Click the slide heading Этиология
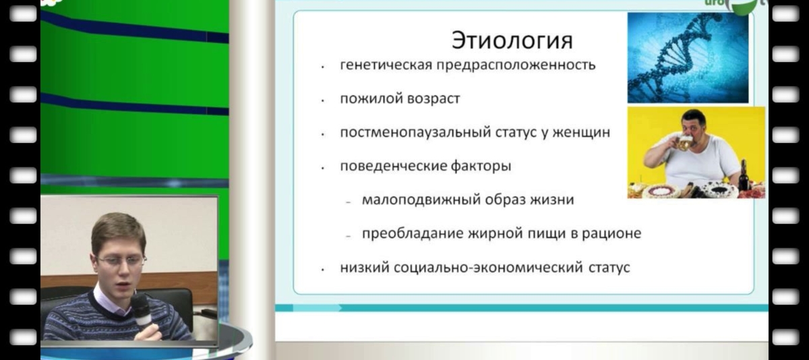click(x=512, y=40)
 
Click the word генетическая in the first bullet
click(x=378, y=65)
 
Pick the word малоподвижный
click(x=413, y=200)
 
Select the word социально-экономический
click(x=476, y=268)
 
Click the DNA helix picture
click(x=688, y=57)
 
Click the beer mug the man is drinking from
click(x=684, y=142)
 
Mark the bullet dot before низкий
click(x=324, y=268)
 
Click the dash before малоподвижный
click(x=348, y=202)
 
